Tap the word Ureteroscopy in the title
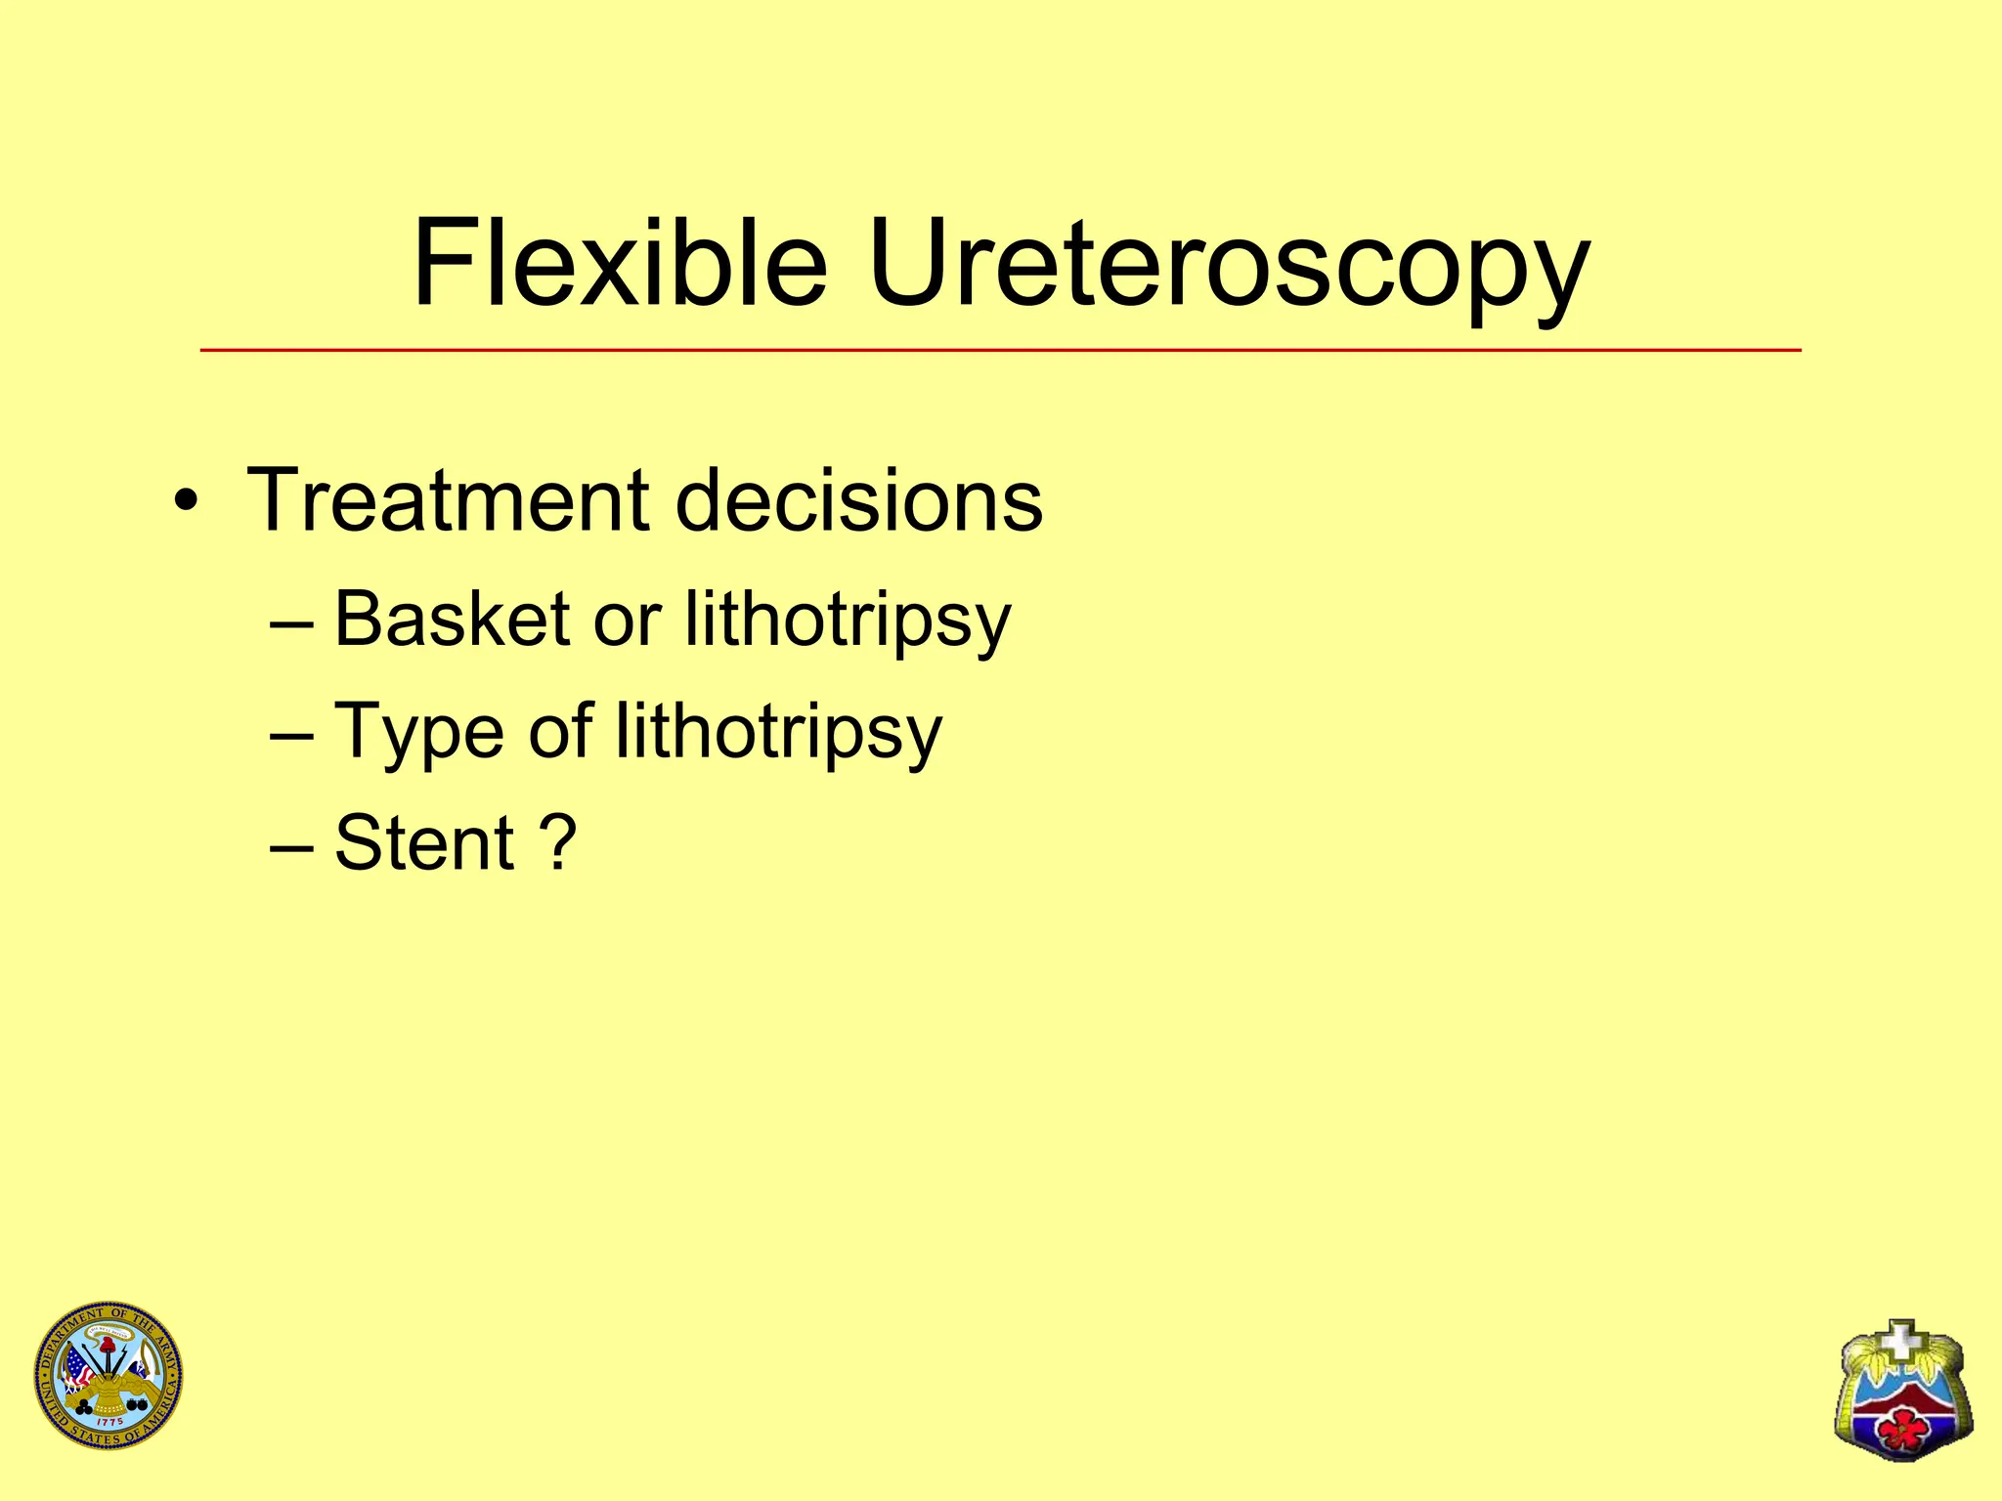pyautogui.click(x=1228, y=266)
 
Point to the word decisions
pyautogui.click(x=858, y=500)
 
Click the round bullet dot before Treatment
pyautogui.click(x=186, y=504)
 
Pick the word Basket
pyautogui.click(x=452, y=620)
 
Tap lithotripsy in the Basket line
pyautogui.click(x=848, y=622)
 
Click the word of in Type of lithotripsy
pyautogui.click(x=560, y=731)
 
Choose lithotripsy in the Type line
pyautogui.click(x=778, y=733)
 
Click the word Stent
pyautogui.click(x=423, y=842)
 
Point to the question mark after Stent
pyautogui.click(x=557, y=842)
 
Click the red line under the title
pyautogui.click(x=999, y=350)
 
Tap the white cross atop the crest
pyautogui.click(x=1901, y=1340)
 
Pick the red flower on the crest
pyautogui.click(x=1901, y=1428)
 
